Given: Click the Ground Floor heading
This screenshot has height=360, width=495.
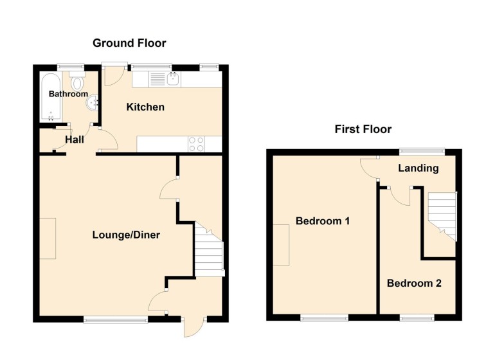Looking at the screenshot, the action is (129, 43).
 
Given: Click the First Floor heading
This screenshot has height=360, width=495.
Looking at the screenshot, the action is (363, 129).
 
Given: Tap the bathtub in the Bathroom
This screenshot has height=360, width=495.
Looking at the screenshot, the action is (51, 97).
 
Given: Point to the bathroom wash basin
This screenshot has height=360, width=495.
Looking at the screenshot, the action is (93, 103).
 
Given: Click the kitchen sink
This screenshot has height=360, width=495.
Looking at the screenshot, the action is (174, 79).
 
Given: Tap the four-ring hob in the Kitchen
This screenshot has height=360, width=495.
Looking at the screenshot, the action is (196, 144).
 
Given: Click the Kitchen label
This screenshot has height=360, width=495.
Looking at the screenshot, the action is (145, 107).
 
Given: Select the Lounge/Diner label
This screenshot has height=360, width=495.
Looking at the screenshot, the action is (126, 235).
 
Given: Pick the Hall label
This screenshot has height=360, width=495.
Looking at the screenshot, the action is (75, 139).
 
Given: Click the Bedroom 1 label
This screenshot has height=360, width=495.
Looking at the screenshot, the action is (323, 221).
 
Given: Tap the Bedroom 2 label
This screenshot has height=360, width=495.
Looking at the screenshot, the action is (414, 283).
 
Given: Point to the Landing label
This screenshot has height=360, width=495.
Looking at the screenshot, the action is (419, 168).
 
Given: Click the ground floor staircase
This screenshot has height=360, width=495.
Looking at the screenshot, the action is (209, 250).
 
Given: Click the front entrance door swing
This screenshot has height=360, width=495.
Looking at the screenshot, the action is (194, 327).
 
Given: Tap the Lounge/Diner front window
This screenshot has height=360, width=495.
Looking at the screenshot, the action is (116, 319).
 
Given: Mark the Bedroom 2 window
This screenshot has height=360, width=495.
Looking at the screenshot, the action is (417, 318).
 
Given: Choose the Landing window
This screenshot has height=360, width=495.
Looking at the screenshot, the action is (422, 152).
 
